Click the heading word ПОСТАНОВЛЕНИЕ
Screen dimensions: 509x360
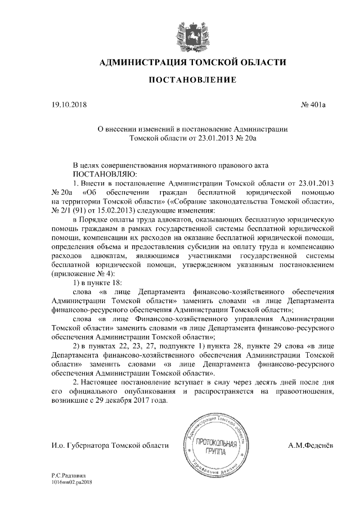(x=192, y=81)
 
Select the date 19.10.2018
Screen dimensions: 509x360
(x=67, y=105)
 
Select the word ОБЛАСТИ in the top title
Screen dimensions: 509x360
(x=258, y=61)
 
